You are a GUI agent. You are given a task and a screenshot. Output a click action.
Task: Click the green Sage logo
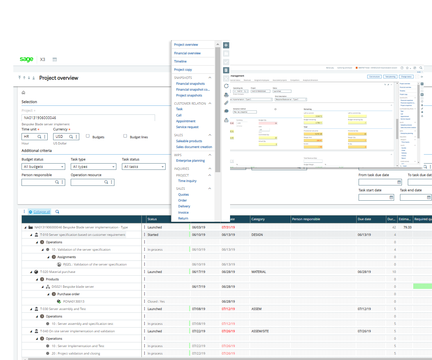tap(27, 59)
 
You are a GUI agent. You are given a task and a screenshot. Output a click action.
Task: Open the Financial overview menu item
tap(187, 53)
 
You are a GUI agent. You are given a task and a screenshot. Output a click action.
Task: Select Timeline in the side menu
tap(180, 61)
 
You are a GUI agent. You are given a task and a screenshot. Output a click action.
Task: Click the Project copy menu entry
tap(183, 70)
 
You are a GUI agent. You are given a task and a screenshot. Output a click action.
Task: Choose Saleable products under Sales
tap(189, 141)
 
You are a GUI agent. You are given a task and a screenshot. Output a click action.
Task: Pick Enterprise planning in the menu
tap(190, 160)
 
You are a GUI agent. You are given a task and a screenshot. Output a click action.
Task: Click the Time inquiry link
tap(187, 181)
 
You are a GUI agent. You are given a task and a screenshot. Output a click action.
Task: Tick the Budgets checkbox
tap(88, 136)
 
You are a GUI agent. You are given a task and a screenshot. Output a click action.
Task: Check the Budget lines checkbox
tap(125, 136)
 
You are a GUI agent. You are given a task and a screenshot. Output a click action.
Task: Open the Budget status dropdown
tap(43, 167)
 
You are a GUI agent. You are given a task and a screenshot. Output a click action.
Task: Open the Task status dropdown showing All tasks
tap(144, 167)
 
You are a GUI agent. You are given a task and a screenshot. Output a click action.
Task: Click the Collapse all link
tap(42, 212)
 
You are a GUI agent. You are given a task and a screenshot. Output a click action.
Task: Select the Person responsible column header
tap(306, 219)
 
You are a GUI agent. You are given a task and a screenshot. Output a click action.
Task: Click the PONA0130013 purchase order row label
tap(74, 301)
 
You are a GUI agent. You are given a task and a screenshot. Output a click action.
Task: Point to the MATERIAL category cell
tap(259, 272)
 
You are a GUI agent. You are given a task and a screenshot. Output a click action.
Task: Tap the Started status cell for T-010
tap(153, 235)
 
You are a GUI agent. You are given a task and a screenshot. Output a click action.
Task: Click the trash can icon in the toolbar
tap(226, 70)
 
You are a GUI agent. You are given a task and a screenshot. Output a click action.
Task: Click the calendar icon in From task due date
tap(399, 182)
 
